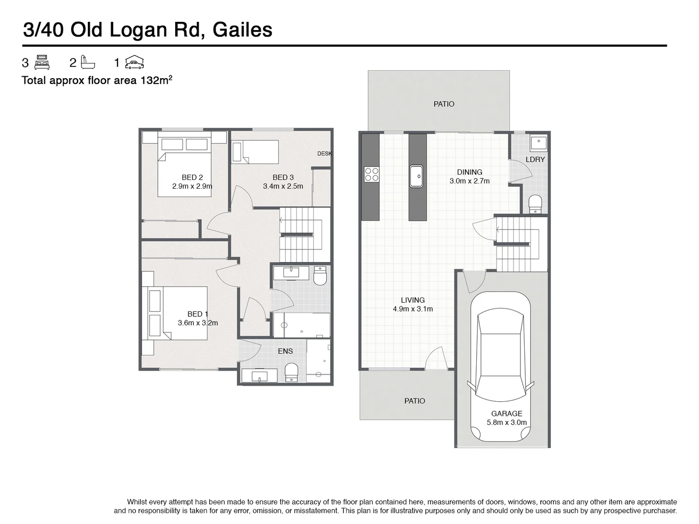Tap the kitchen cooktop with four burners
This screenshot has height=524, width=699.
pos(371,174)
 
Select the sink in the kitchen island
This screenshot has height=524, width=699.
pos(417,176)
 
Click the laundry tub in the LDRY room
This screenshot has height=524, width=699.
pos(538,143)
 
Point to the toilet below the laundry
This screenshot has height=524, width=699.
pos(534,204)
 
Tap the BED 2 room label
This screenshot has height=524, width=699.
pos(192,178)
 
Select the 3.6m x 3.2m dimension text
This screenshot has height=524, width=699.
pos(198,323)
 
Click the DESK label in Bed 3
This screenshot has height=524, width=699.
pos(324,154)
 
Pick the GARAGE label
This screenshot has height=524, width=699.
pos(506,413)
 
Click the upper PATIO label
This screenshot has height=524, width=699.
pos(444,104)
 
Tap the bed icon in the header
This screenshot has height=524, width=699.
pos(42,63)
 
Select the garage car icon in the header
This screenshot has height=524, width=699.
pos(134,63)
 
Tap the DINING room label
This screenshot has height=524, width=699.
pos(469,172)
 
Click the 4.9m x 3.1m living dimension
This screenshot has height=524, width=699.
pos(413,309)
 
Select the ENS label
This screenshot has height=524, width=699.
pos(285,351)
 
